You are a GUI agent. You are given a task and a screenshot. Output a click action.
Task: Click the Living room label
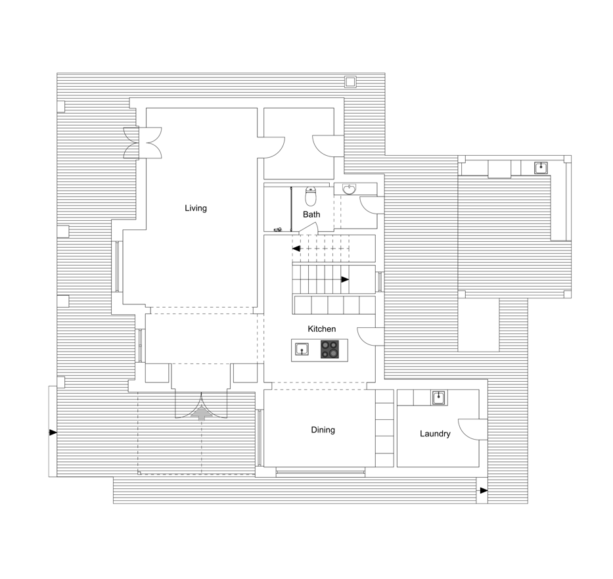coord(196,208)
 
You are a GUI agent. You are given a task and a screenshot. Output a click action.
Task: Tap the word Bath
coord(311,214)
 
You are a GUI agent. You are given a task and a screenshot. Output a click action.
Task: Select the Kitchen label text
coord(322,329)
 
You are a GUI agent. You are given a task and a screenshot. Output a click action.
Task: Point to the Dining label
coord(323,430)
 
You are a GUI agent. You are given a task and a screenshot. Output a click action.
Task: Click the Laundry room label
coord(435,434)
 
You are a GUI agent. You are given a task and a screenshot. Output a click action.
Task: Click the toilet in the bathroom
coord(311,197)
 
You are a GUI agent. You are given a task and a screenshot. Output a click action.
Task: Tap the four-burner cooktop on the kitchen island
coord(330,350)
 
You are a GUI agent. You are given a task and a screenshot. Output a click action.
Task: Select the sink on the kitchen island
coord(302,349)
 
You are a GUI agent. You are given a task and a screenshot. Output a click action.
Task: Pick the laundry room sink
coord(440,398)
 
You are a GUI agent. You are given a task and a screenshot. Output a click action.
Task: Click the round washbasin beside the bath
coord(349,189)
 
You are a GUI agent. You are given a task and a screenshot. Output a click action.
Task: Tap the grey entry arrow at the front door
coord(202,413)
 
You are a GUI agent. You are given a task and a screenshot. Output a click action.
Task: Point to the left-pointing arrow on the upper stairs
coord(296,248)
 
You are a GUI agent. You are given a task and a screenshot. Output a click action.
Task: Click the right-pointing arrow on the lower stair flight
coord(345,279)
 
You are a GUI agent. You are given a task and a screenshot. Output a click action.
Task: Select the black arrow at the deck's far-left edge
coord(53,432)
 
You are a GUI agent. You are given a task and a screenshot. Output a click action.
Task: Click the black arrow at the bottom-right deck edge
coord(484,491)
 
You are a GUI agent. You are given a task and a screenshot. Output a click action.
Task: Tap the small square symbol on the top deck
coord(350,81)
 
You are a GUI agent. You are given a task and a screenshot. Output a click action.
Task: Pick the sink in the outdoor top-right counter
coord(541,168)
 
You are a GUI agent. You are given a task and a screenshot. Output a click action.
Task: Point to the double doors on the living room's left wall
coord(143,143)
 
